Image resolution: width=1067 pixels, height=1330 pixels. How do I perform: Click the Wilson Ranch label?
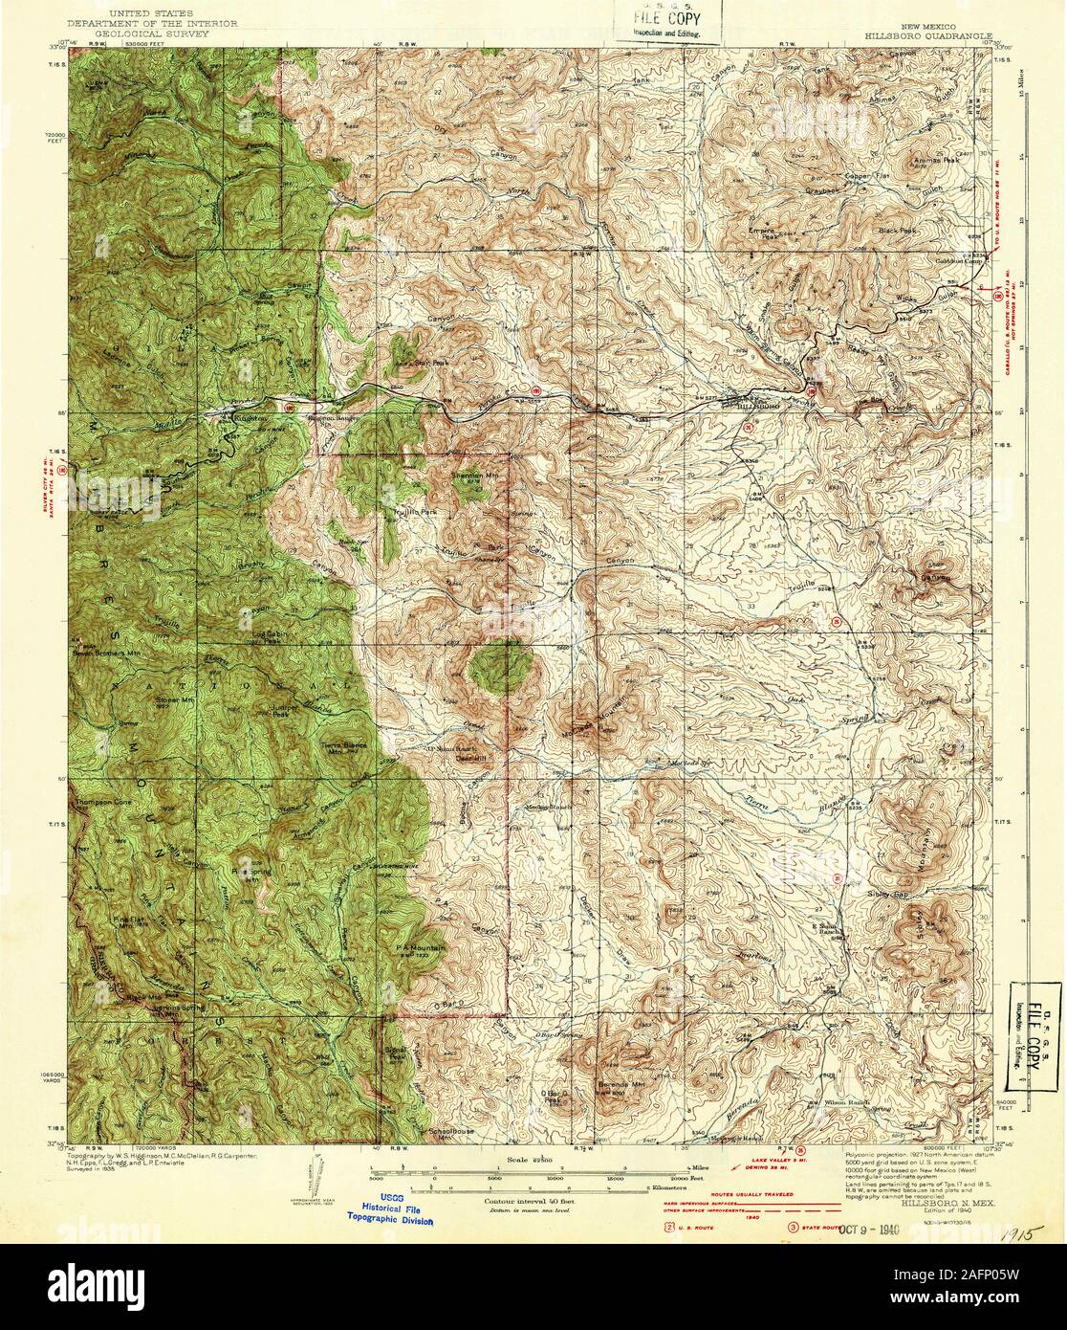point(846,1103)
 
